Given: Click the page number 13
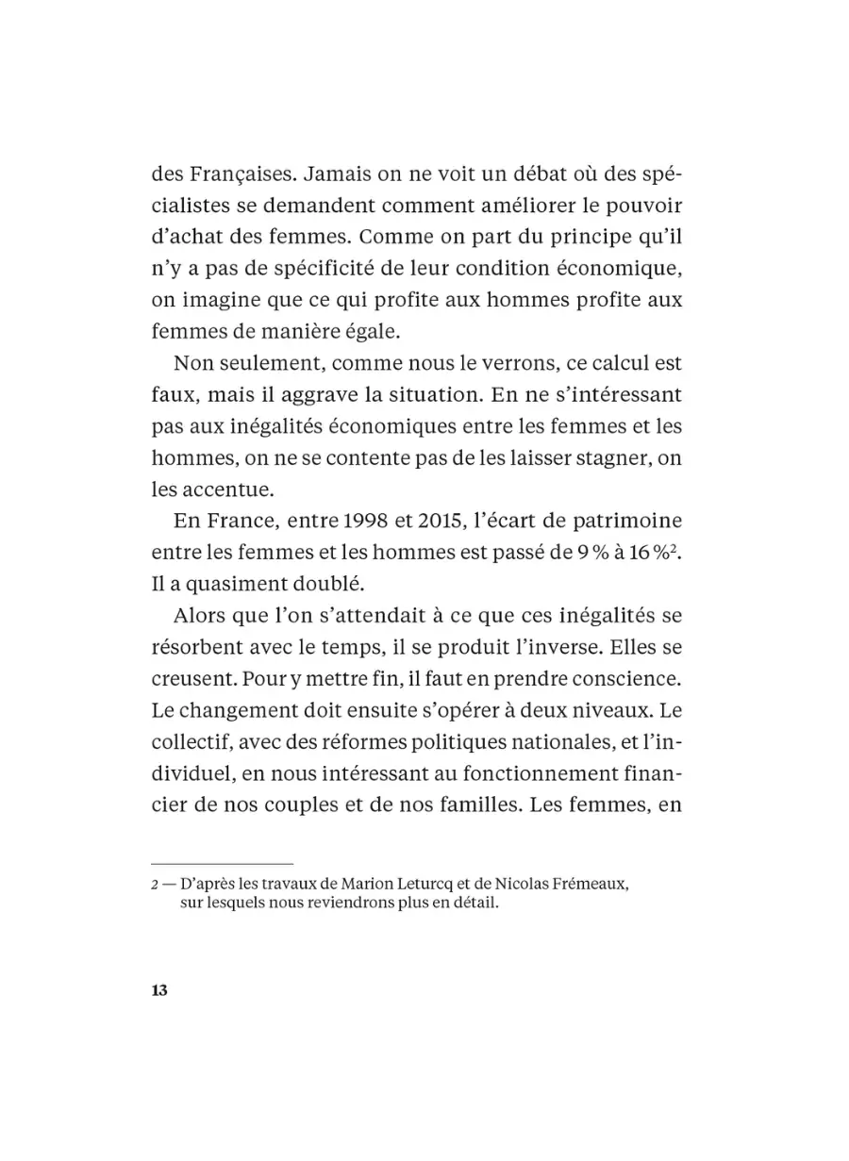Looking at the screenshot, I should (x=158, y=990).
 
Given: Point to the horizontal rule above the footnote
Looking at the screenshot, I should (x=223, y=863).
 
